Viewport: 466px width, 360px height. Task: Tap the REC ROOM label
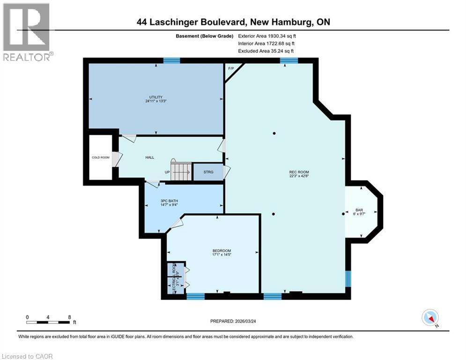(299, 172)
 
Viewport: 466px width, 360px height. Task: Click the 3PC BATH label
(169, 201)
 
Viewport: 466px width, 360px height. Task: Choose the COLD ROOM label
(101, 157)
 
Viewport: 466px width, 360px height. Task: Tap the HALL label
(149, 157)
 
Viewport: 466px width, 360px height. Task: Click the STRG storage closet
(208, 172)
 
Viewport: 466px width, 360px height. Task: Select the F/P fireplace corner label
(230, 68)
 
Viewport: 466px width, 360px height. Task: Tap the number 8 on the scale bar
(69, 317)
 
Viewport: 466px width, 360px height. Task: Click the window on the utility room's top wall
(172, 60)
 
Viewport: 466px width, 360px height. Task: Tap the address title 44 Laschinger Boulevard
(233, 22)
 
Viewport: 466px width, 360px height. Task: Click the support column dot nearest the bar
(343, 214)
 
